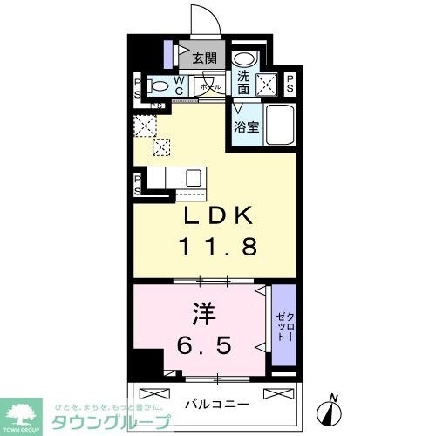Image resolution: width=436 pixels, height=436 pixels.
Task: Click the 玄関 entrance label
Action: tap(204, 59)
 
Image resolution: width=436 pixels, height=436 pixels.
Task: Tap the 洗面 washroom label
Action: tap(243, 82)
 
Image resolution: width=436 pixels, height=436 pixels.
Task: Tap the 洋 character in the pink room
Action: tap(202, 310)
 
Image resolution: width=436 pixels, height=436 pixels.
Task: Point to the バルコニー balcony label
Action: tap(217, 404)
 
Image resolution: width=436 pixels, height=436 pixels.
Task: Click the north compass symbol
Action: tap(332, 403)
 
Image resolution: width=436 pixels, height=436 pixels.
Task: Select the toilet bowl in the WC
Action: tap(159, 86)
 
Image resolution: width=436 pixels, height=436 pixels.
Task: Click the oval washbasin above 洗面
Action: tap(242, 58)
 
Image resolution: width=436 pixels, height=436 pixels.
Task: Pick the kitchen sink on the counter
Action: tap(191, 178)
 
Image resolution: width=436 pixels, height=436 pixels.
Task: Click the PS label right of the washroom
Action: tap(289, 83)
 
